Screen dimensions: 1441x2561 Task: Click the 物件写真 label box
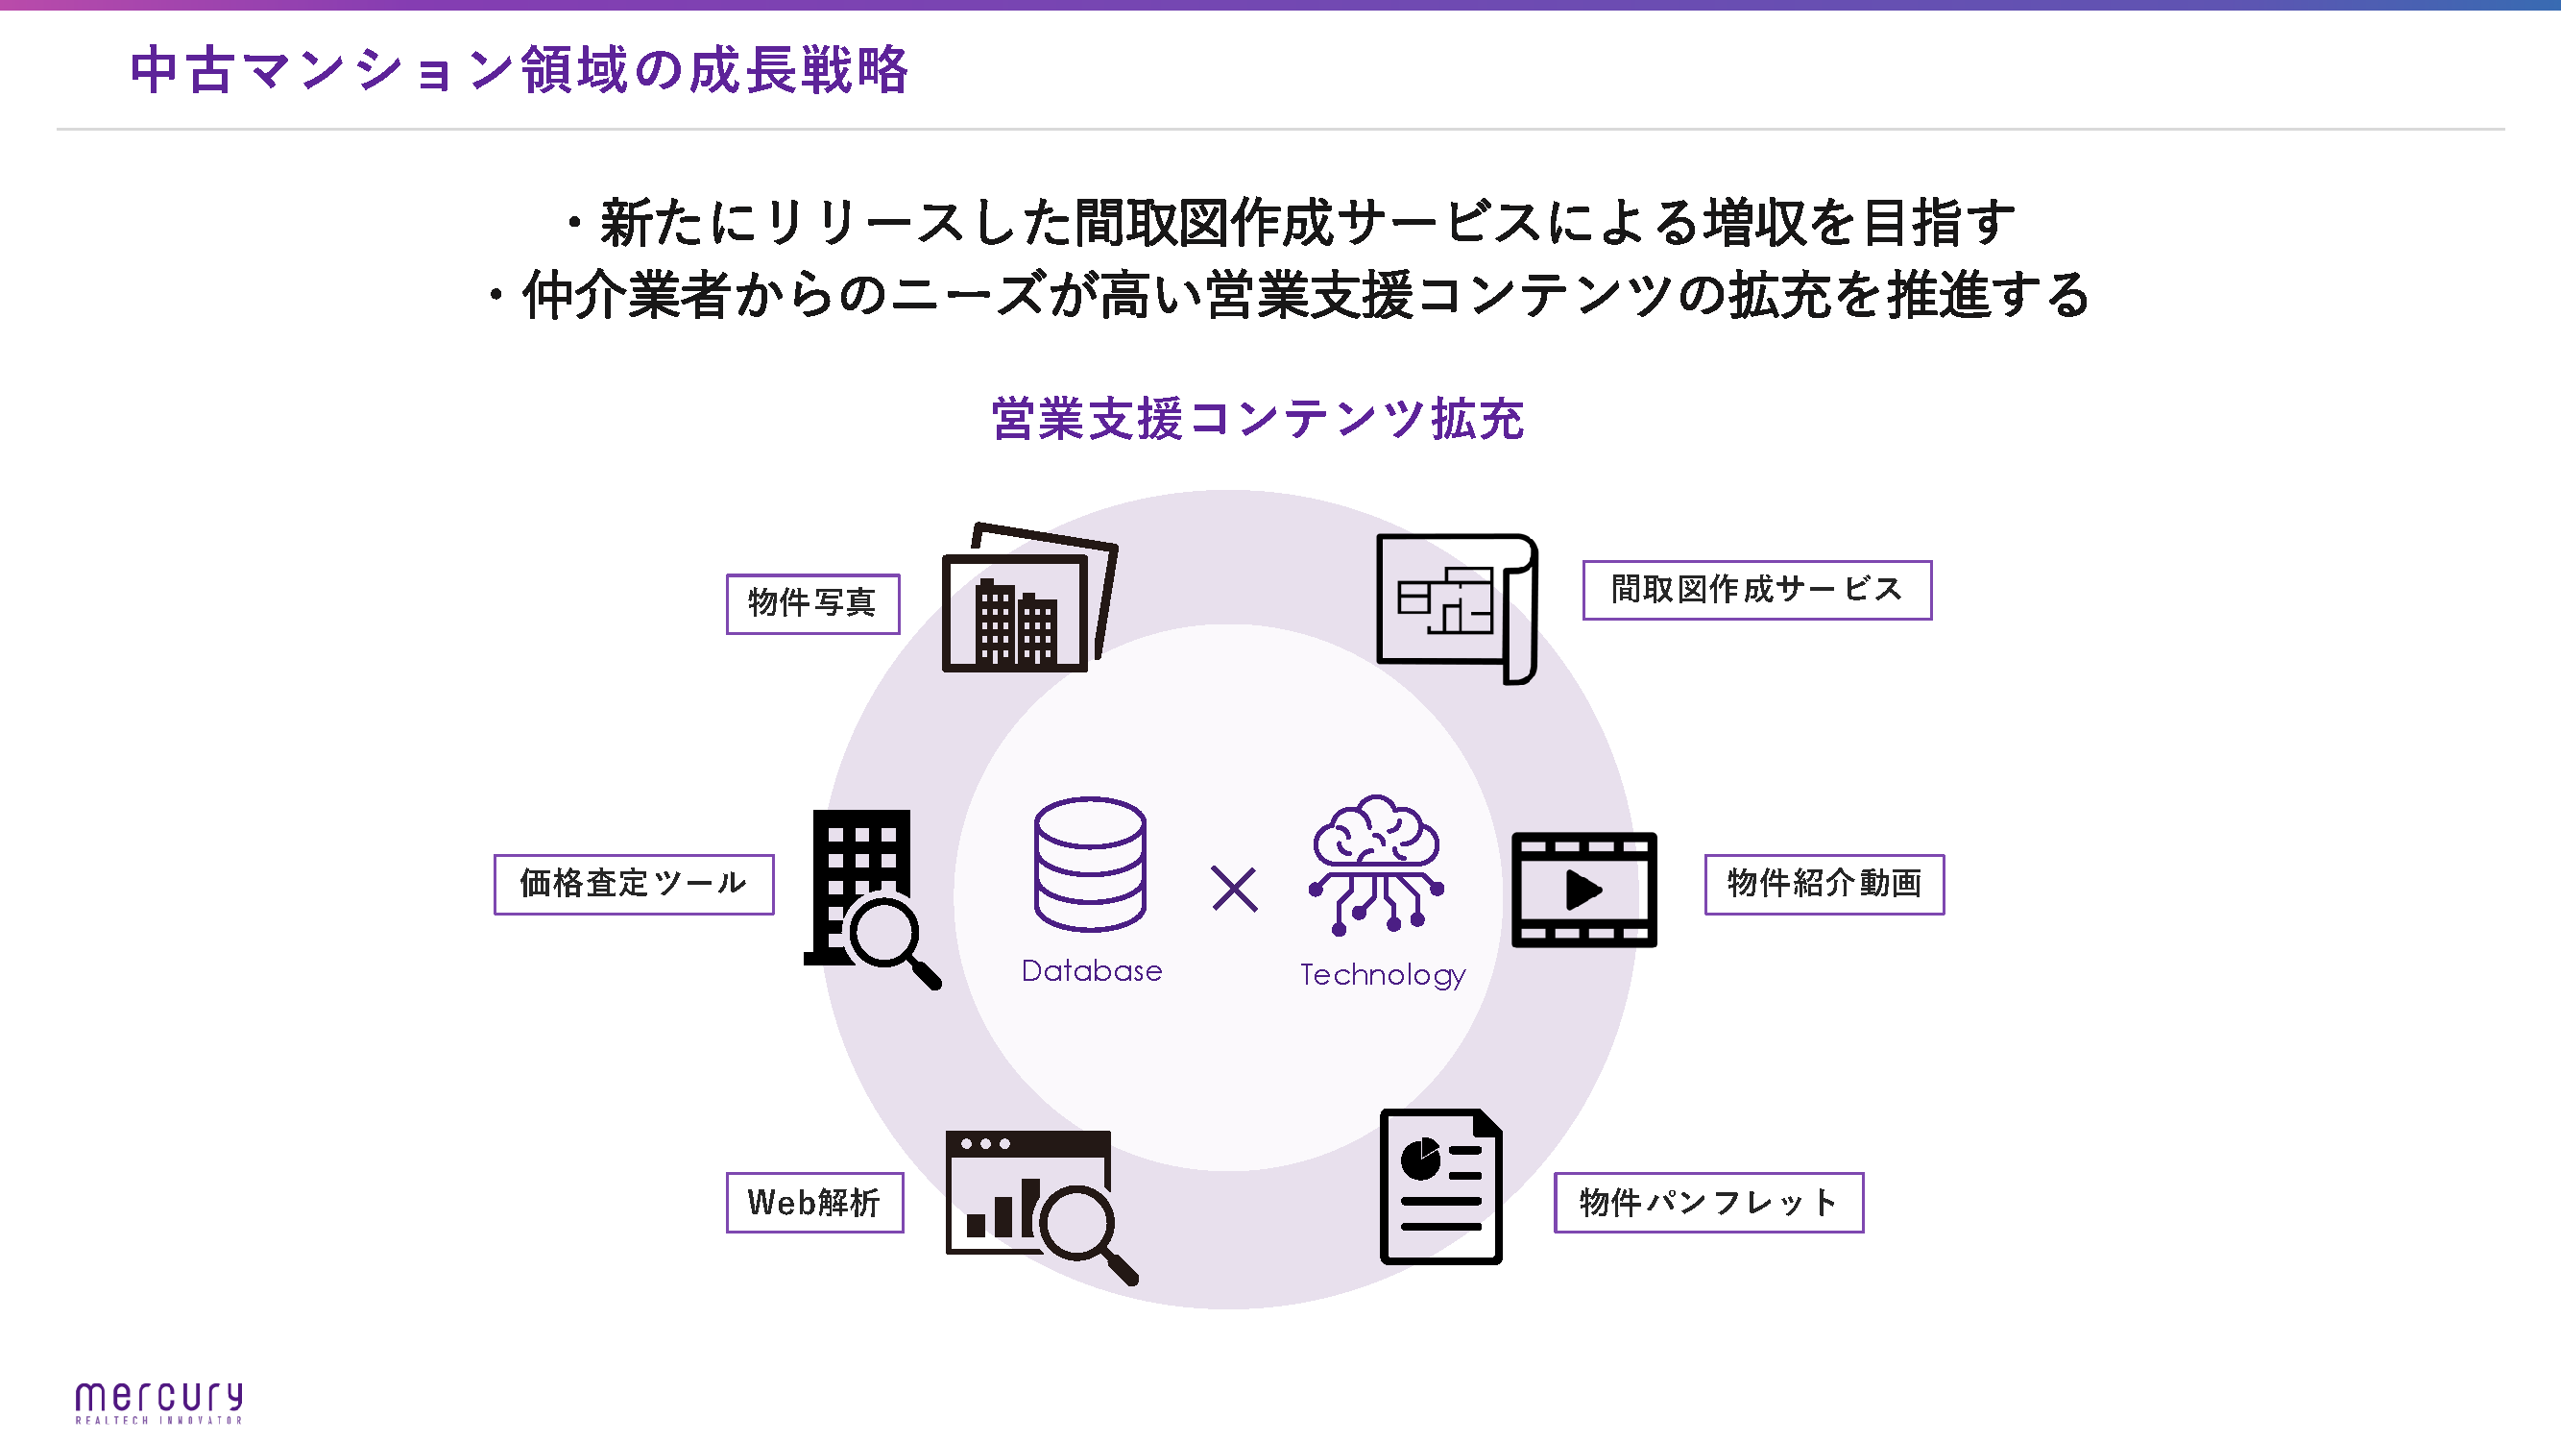point(812,603)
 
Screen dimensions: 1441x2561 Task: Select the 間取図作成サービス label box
point(1755,590)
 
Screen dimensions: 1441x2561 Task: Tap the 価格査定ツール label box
point(634,883)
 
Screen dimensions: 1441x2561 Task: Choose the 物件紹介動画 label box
point(1824,883)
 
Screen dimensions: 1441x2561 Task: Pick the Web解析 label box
point(814,1203)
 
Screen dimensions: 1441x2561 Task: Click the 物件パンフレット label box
point(1708,1203)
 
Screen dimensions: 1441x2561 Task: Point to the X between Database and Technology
point(1234,888)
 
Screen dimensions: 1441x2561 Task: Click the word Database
point(1092,970)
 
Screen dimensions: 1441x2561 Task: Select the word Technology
point(1382,974)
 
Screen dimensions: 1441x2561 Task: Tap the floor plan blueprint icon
point(1456,606)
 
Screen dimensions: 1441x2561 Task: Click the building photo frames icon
point(1028,599)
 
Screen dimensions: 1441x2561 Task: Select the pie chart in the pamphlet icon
point(1420,1160)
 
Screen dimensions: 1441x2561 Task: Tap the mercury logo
point(159,1402)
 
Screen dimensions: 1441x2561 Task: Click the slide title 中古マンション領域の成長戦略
point(519,69)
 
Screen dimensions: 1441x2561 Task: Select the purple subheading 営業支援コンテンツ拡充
point(1258,419)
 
